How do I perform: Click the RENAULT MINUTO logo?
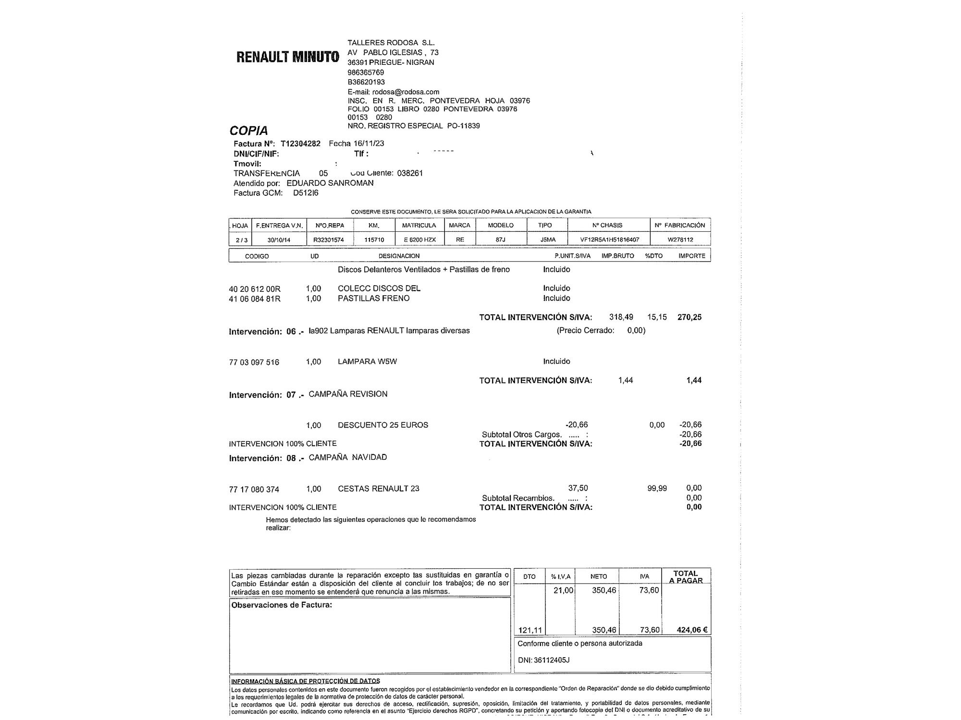click(287, 57)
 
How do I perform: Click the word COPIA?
click(248, 131)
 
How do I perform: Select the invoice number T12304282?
click(300, 144)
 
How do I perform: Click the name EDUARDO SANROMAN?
click(330, 183)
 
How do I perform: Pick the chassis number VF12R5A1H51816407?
click(609, 239)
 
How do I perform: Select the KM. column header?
click(374, 225)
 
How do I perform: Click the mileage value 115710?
click(374, 239)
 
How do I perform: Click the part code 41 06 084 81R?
click(255, 299)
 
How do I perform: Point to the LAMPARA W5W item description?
click(367, 361)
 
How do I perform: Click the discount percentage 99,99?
click(657, 488)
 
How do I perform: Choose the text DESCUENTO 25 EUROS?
click(382, 425)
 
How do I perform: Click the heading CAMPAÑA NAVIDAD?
click(347, 457)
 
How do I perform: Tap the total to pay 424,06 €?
click(692, 630)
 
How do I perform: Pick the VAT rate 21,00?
click(563, 590)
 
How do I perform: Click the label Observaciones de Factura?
click(282, 605)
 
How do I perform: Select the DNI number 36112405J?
click(551, 660)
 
